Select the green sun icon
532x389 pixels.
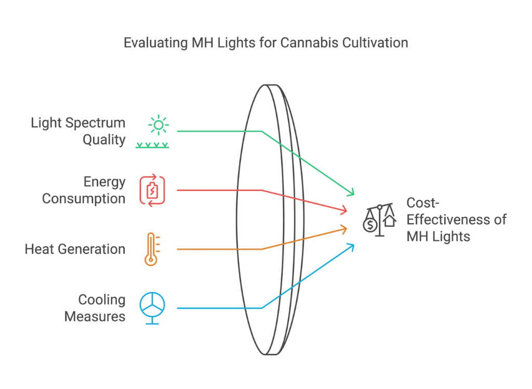click(x=158, y=125)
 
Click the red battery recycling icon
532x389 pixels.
click(x=152, y=190)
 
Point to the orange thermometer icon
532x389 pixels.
click(x=152, y=249)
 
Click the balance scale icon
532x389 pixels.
click(x=380, y=220)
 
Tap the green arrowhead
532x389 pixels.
click(x=351, y=192)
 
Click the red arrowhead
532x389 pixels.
click(x=343, y=210)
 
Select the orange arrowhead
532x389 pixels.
click(x=343, y=229)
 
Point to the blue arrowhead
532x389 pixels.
click(x=351, y=248)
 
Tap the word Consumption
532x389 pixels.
click(x=84, y=199)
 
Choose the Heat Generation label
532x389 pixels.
click(x=75, y=250)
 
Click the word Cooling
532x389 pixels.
click(x=102, y=300)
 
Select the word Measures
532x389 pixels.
click(x=95, y=317)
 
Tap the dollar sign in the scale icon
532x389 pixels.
click(x=370, y=225)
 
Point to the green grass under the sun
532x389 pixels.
click(x=152, y=146)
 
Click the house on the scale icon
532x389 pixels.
click(x=390, y=221)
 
